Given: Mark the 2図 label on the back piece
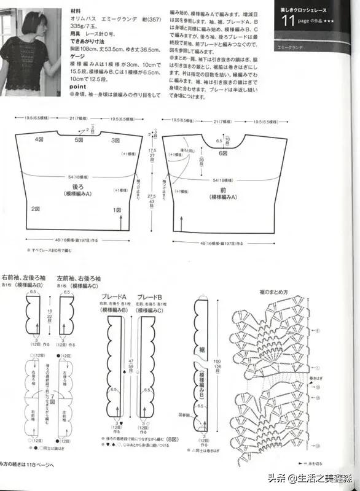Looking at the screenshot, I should [36, 209].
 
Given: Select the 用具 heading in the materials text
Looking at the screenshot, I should [76, 34].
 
